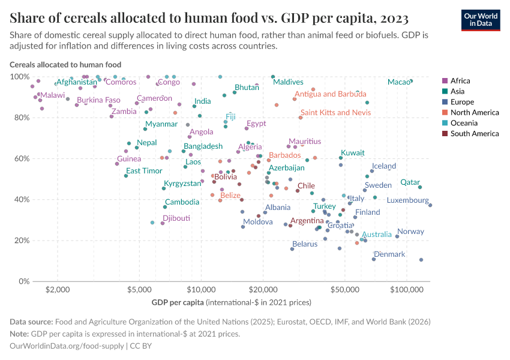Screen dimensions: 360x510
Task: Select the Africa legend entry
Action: [x=460, y=80]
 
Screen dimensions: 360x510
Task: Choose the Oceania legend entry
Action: [x=465, y=123]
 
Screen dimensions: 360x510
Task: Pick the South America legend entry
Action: [x=475, y=134]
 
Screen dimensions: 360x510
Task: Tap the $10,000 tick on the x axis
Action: [x=202, y=290]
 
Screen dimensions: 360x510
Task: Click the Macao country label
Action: [x=398, y=82]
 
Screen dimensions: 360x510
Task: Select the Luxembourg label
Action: [x=407, y=200]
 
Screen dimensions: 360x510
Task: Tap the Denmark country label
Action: [x=389, y=254]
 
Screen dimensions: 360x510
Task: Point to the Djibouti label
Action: [x=176, y=218]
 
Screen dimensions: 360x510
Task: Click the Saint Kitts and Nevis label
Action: [x=335, y=112]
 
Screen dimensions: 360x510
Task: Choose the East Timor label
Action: [x=144, y=170]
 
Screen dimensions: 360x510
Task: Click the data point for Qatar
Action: [x=420, y=187]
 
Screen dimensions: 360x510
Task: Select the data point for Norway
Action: [x=397, y=236]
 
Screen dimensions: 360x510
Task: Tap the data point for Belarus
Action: [x=292, y=248]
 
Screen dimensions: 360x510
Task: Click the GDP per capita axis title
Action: [x=232, y=301]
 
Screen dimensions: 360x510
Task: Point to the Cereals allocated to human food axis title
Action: [x=65, y=64]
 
